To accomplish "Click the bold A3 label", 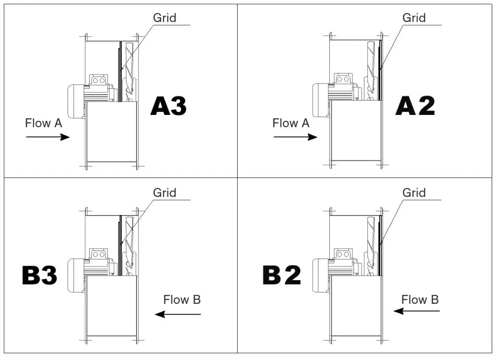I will tap(169, 106).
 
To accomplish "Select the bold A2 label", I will tap(415, 106).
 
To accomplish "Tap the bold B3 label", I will tap(40, 276).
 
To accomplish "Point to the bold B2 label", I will tap(282, 276).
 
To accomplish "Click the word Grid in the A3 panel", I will tap(164, 18).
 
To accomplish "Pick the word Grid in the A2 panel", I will tap(414, 18).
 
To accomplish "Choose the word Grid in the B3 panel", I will tap(164, 192).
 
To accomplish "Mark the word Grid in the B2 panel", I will tap(414, 192).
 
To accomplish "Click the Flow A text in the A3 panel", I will tap(43, 123).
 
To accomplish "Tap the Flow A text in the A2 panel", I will tap(291, 123).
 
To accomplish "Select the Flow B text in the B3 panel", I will tap(182, 299).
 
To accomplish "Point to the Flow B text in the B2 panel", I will tap(420, 299).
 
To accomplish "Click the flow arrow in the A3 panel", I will tap(47, 137).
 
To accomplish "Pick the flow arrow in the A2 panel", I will tap(295, 137).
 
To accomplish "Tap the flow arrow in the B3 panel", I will tap(177, 314).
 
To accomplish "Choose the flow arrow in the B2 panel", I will tap(416, 311).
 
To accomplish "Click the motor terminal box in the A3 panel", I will tap(98, 80).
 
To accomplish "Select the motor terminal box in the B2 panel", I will tap(344, 253).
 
